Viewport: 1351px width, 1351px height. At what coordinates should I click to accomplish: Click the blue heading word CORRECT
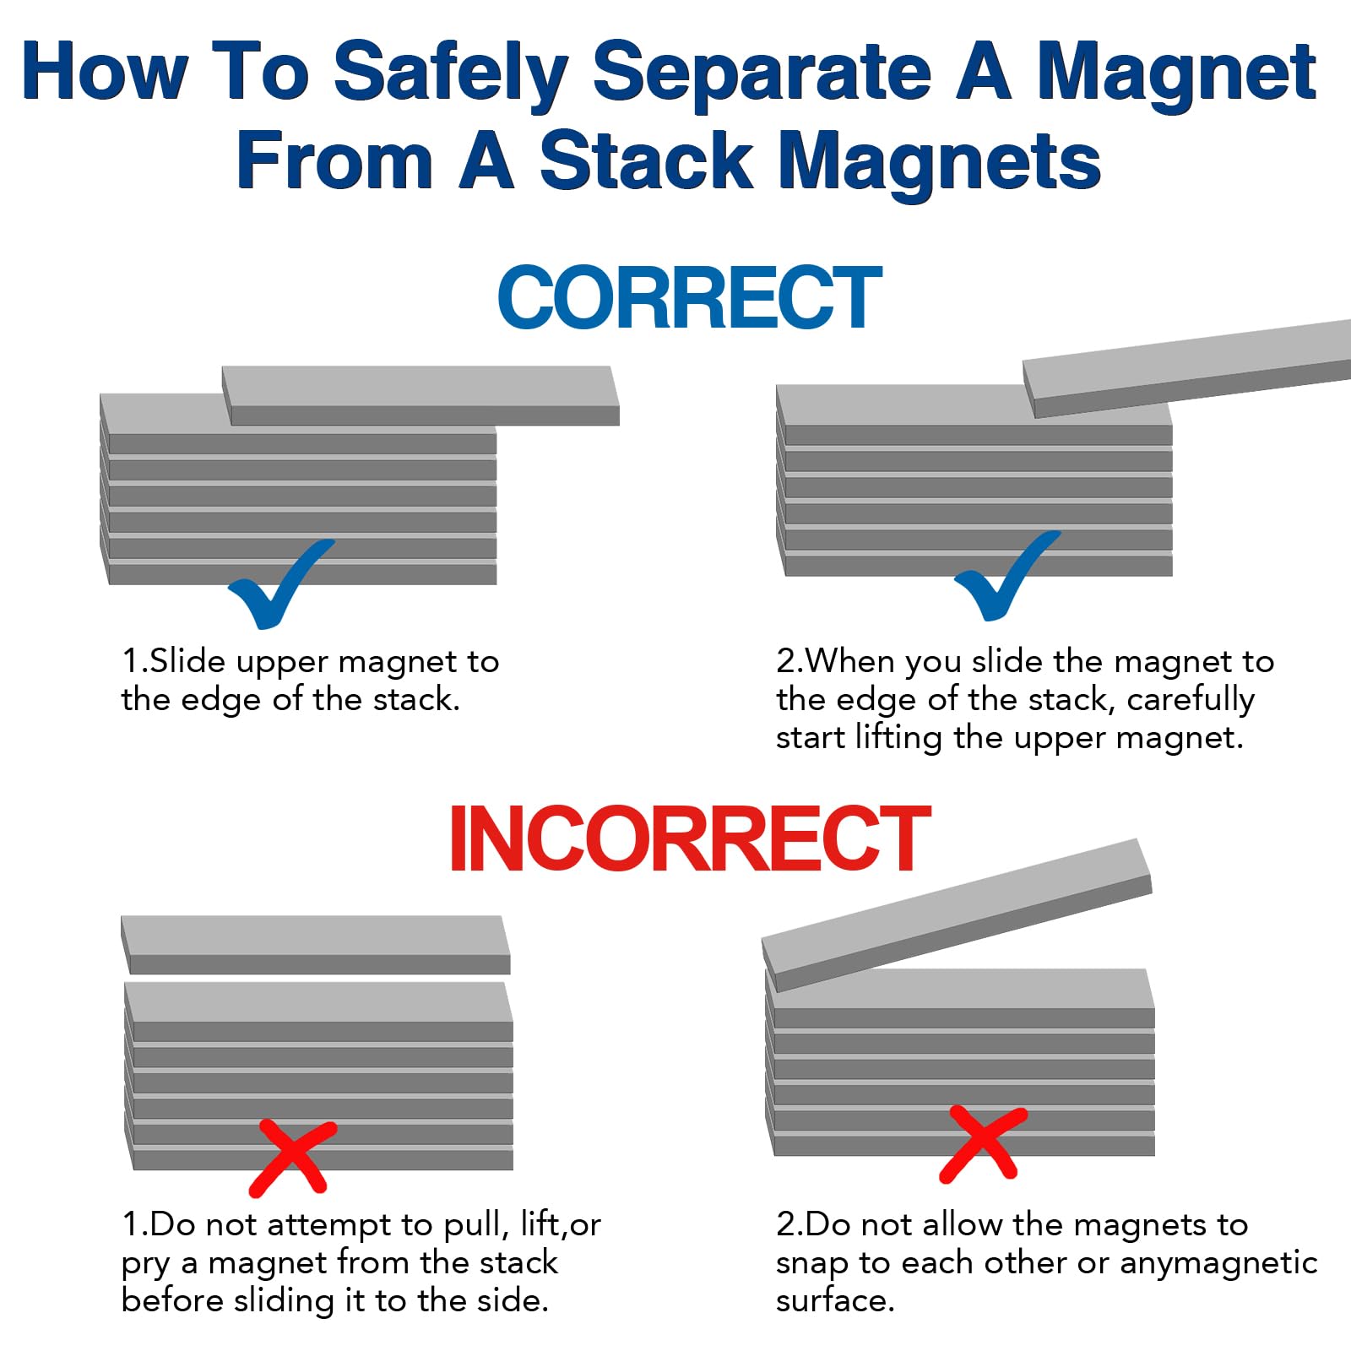689,296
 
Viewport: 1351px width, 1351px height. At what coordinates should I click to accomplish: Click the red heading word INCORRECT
689,838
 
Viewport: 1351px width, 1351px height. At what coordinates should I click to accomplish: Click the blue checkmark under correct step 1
281,583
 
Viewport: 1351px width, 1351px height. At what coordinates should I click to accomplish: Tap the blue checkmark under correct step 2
1006,575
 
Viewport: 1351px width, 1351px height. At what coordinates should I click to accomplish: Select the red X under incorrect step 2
983,1144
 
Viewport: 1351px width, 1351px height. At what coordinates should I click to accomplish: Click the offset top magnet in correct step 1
420,395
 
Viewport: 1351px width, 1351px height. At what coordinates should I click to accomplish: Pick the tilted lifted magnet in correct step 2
1186,368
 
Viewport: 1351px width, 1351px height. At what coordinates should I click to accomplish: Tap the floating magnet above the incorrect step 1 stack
316,945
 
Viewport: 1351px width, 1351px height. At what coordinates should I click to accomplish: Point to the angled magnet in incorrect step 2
958,914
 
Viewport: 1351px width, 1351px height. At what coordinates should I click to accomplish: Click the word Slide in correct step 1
188,661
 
